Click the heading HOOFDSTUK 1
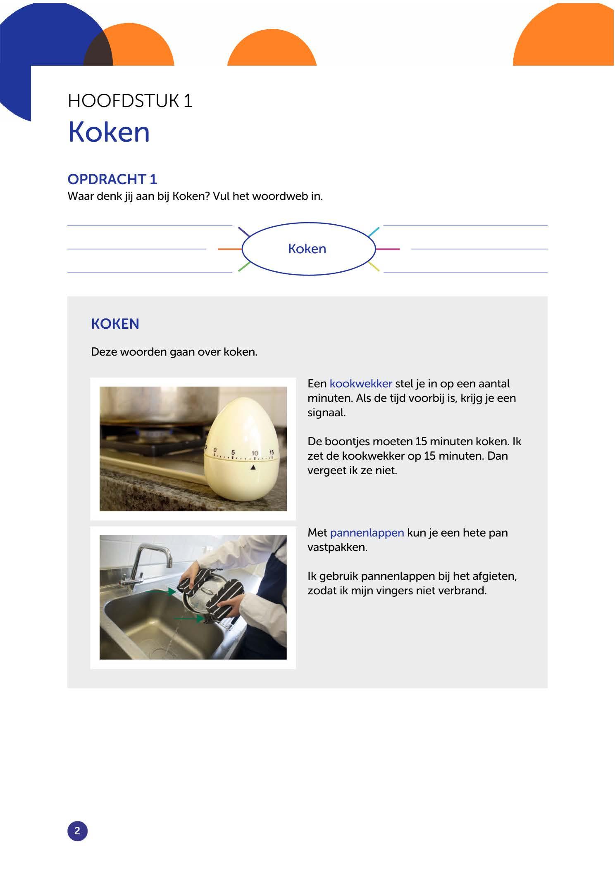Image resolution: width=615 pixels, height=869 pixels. coord(130,101)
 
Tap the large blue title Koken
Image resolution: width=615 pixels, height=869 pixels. coord(109,132)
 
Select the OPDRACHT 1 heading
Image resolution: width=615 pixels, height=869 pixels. coord(112,179)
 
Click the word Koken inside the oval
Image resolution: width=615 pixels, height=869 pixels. coord(307,249)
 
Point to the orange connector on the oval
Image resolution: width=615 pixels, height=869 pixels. coord(229,249)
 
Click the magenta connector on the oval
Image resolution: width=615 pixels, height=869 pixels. coord(388,249)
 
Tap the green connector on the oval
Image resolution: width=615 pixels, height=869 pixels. coord(244,266)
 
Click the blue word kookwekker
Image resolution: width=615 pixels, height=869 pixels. coord(360,384)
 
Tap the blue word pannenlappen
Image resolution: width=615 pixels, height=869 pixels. coord(367,533)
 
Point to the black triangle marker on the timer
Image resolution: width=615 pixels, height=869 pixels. coord(253,468)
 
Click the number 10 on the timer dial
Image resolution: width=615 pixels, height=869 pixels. coord(255,453)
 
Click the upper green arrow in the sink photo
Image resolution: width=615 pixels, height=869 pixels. coord(160,592)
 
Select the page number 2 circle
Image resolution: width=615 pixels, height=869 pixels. coord(77,831)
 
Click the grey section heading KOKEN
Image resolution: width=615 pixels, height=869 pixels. coord(115,324)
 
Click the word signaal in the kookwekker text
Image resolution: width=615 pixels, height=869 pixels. coord(326,413)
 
